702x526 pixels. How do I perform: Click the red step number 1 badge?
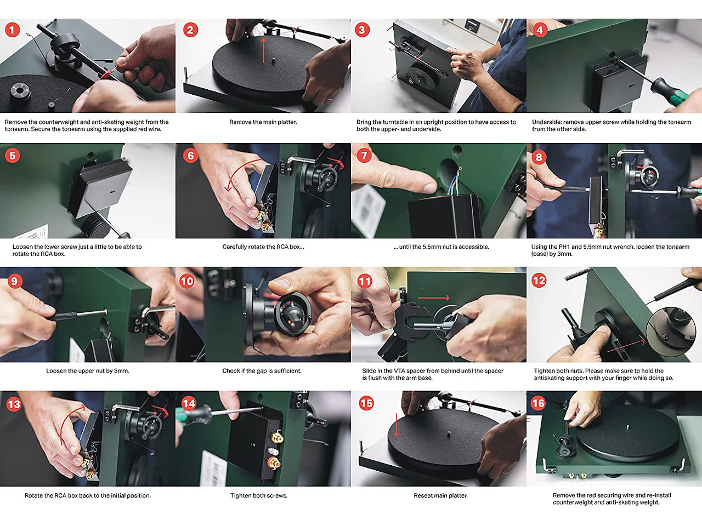(x=13, y=30)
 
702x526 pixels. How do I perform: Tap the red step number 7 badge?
(x=364, y=156)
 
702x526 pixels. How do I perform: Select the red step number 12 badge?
(x=539, y=281)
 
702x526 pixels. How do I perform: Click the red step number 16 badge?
(x=538, y=403)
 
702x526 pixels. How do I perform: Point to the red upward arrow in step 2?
(x=263, y=50)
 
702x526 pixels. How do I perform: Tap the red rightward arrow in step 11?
(x=433, y=298)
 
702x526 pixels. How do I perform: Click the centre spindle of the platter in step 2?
(x=273, y=60)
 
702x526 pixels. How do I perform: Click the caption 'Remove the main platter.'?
(x=263, y=122)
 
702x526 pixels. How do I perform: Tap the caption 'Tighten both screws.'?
(x=259, y=495)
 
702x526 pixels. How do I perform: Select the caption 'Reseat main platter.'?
(x=440, y=495)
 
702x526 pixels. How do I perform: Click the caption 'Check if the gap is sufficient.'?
(x=262, y=371)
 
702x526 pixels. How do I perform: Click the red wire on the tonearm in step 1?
(x=107, y=74)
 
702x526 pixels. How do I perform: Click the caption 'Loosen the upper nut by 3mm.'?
(x=88, y=371)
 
